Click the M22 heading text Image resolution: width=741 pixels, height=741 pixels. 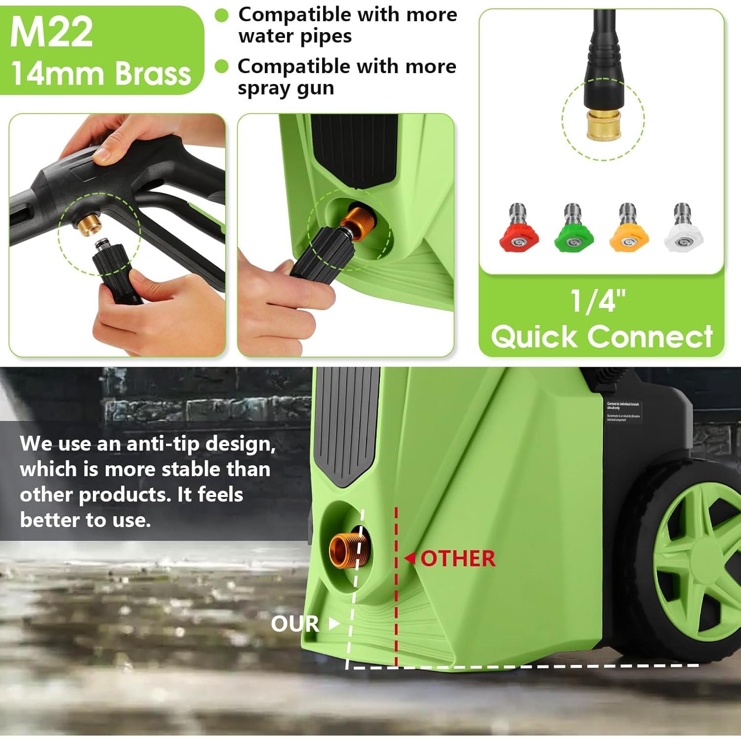pos(51,33)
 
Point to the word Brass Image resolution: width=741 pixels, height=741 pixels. pos(153,74)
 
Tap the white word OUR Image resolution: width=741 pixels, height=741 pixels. pos(295,624)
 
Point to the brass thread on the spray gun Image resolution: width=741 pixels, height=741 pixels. pos(90,225)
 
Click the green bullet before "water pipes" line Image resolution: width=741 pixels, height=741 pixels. pos(222,16)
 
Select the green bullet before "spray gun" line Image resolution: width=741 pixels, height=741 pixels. pos(222,67)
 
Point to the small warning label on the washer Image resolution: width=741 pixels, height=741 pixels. pos(623,412)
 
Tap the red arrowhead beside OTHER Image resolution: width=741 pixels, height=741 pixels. pos(410,559)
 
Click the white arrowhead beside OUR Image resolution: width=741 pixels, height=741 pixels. pos(334,623)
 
